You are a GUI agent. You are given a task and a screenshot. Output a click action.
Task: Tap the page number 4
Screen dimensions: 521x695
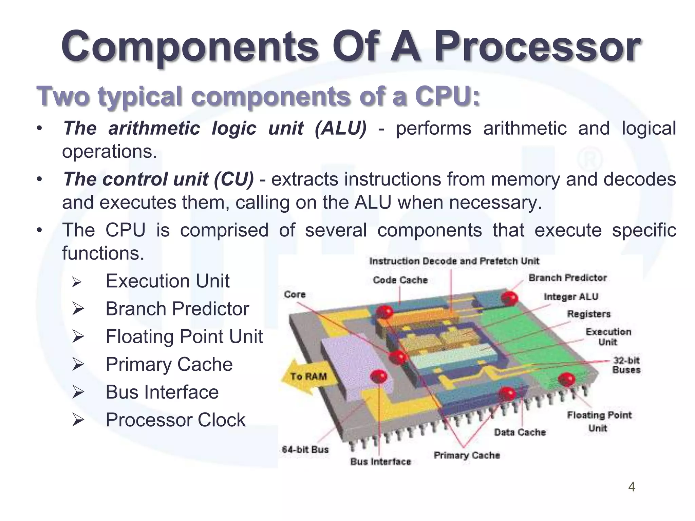tap(632, 487)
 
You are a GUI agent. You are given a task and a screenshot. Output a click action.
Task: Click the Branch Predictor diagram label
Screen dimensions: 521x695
tap(567, 278)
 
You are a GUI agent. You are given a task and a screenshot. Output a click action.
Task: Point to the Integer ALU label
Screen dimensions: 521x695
tap(571, 297)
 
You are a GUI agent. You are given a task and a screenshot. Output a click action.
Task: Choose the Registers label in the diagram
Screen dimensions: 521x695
tap(588, 314)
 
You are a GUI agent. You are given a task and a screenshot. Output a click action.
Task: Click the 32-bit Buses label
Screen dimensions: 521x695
tap(626, 365)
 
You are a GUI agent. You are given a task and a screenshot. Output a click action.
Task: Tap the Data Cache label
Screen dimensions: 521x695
tap(520, 432)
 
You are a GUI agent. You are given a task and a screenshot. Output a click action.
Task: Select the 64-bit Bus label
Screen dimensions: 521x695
tap(305, 450)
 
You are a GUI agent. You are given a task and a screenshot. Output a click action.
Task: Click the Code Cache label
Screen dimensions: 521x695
tap(400, 280)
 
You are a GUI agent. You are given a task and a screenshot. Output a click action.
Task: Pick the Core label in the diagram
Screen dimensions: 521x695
tap(295, 294)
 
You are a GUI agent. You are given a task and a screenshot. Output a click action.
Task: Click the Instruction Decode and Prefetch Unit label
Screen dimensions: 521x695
tap(454, 261)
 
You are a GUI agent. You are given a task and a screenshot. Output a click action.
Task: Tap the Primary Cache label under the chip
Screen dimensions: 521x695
tap(467, 455)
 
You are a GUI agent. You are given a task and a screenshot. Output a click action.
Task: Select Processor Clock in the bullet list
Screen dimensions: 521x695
tap(175, 420)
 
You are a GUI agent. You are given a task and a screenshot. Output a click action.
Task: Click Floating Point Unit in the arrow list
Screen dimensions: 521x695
tap(184, 336)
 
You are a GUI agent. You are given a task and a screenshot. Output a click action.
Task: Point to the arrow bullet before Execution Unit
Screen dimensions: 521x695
tap(78, 282)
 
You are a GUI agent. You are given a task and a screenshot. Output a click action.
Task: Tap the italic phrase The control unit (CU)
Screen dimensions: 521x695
tap(158, 179)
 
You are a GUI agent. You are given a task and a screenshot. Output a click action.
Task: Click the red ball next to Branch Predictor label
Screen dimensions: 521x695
tap(509, 298)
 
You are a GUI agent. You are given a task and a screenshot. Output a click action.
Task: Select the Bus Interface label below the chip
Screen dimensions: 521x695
tap(380, 462)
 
